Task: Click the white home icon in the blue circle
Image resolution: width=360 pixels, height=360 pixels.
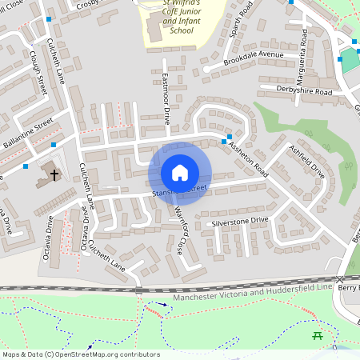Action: tap(180, 173)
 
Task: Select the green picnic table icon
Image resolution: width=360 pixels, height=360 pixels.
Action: tap(317, 335)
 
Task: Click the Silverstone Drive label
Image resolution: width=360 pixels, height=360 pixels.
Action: tap(239, 220)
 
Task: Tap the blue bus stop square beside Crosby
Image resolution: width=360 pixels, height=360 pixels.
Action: tap(50, 18)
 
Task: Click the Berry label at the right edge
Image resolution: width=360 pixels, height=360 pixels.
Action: tap(348, 287)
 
